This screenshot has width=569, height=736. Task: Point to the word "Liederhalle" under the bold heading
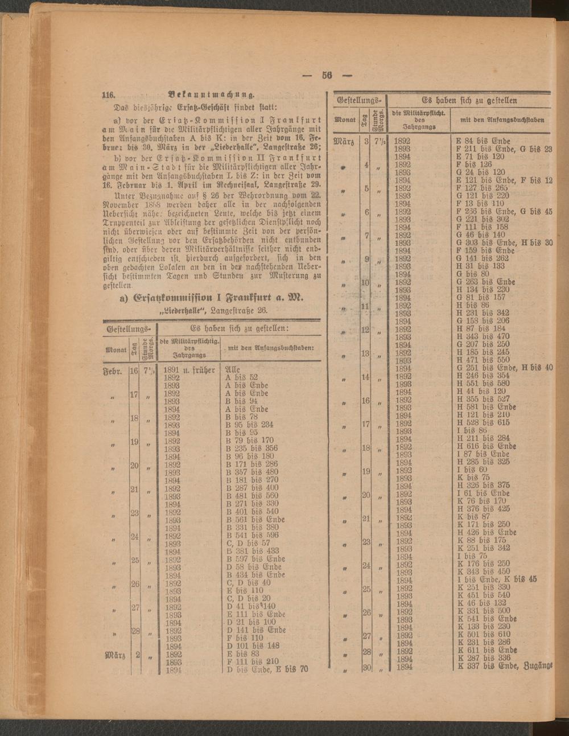tap(183, 311)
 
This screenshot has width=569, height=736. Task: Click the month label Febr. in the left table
tap(113, 370)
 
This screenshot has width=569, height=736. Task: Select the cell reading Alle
tap(232, 369)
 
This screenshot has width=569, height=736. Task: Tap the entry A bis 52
tap(242, 377)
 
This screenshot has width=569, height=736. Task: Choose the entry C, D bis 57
tap(248, 543)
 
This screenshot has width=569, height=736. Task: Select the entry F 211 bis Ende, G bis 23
tap(504, 149)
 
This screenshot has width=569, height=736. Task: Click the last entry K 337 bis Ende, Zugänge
tap(505, 667)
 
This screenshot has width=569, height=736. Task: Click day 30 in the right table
tap(366, 667)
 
